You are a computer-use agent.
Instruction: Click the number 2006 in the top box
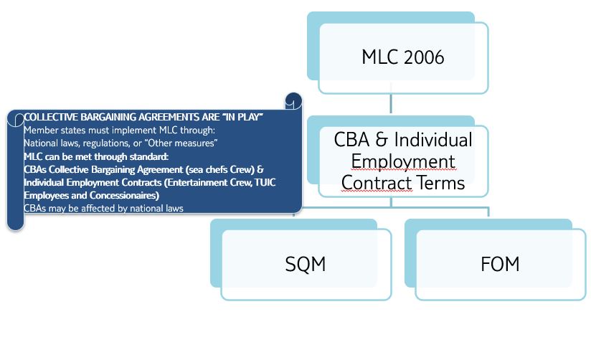point(424,57)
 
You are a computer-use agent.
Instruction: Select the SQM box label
point(306,264)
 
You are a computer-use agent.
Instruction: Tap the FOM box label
point(500,264)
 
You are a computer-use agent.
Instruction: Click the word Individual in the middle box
point(433,139)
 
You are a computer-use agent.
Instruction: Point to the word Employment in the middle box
point(403,161)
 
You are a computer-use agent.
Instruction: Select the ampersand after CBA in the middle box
point(382,139)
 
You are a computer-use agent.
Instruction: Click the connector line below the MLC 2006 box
point(391,103)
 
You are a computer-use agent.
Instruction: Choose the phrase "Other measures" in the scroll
point(181,143)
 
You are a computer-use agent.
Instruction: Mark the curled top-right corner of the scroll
point(293,101)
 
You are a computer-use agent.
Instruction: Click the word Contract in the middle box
point(377,183)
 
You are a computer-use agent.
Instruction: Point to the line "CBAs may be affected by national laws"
point(104,209)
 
